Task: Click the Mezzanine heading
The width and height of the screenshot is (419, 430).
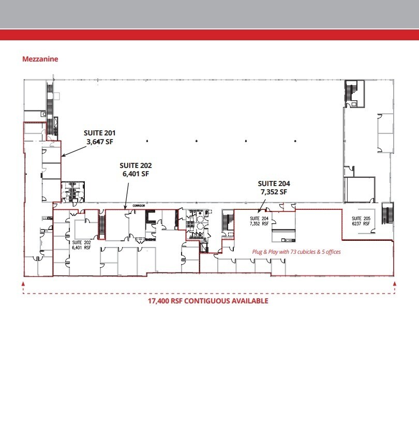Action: (40, 59)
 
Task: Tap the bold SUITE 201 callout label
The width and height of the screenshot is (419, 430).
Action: (100, 133)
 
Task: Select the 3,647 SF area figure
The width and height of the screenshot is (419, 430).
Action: (100, 142)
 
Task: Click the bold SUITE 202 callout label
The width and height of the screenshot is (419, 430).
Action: (136, 165)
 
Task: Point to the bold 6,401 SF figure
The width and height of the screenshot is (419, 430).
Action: (136, 174)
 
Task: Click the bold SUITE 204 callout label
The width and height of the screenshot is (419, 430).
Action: (274, 183)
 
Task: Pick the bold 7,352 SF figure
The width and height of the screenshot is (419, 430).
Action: (274, 192)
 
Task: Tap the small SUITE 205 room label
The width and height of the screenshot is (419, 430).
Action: (361, 218)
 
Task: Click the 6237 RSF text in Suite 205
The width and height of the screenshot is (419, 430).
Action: (361, 223)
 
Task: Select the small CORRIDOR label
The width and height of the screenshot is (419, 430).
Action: (139, 205)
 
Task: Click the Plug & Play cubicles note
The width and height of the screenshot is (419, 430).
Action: (296, 252)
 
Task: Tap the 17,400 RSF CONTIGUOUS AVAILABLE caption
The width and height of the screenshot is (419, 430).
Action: (208, 301)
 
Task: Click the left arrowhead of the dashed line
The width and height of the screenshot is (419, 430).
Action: (23, 284)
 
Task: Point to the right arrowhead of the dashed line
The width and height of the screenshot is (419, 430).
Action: (395, 284)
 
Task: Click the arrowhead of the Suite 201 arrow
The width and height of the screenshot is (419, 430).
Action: (63, 156)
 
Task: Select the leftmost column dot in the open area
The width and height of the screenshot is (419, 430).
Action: (147, 141)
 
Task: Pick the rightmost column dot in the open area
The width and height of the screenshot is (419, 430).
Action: (295, 141)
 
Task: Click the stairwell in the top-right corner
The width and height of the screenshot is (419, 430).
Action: (354, 94)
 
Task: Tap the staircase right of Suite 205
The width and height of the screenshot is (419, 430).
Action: (387, 213)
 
